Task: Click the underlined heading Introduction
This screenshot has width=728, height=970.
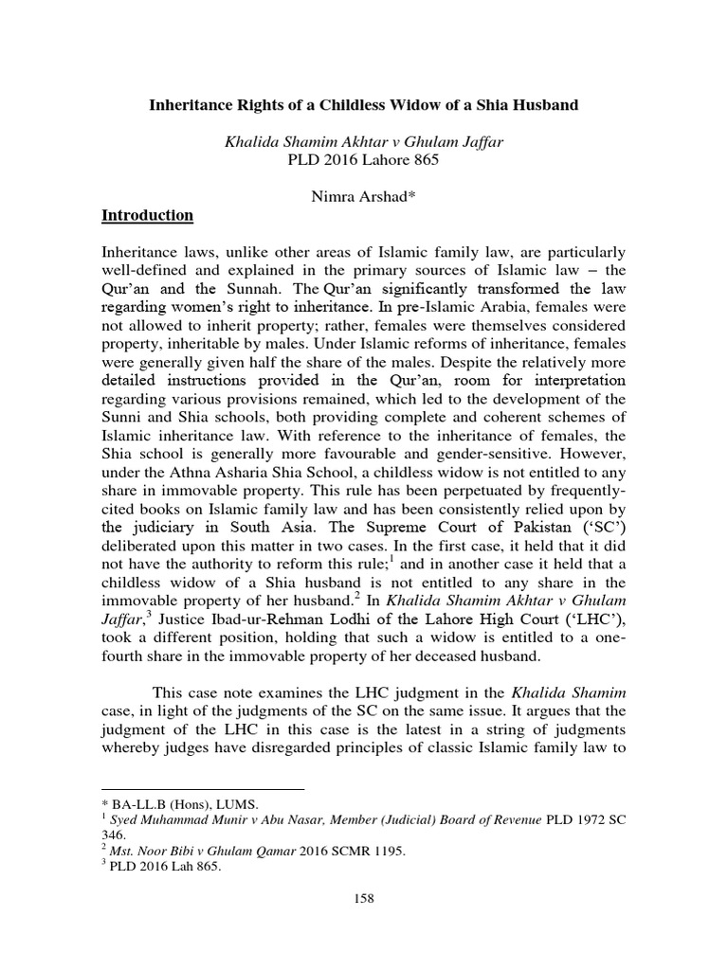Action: point(147,216)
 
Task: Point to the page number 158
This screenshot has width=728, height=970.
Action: point(364,897)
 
